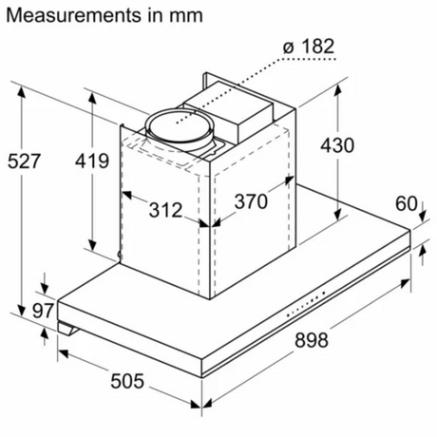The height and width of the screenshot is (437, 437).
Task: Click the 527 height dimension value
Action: pyautogui.click(x=24, y=161)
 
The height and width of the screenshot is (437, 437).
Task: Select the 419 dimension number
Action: pyautogui.click(x=92, y=161)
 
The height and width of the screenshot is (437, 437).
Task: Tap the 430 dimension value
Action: pyautogui.click(x=337, y=145)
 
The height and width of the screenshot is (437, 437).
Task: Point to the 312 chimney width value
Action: pyautogui.click(x=166, y=210)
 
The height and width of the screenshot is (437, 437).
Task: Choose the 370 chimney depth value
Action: pyautogui.click(x=251, y=201)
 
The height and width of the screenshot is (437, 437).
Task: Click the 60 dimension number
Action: pyautogui.click(x=407, y=203)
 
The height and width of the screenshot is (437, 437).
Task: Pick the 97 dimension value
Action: pyautogui.click(x=44, y=311)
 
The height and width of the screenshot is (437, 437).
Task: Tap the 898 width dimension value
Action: pyautogui.click(x=312, y=340)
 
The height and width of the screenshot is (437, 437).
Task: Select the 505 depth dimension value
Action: pyautogui.click(x=127, y=381)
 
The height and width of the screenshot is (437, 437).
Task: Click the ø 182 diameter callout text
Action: pyautogui.click(x=309, y=47)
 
